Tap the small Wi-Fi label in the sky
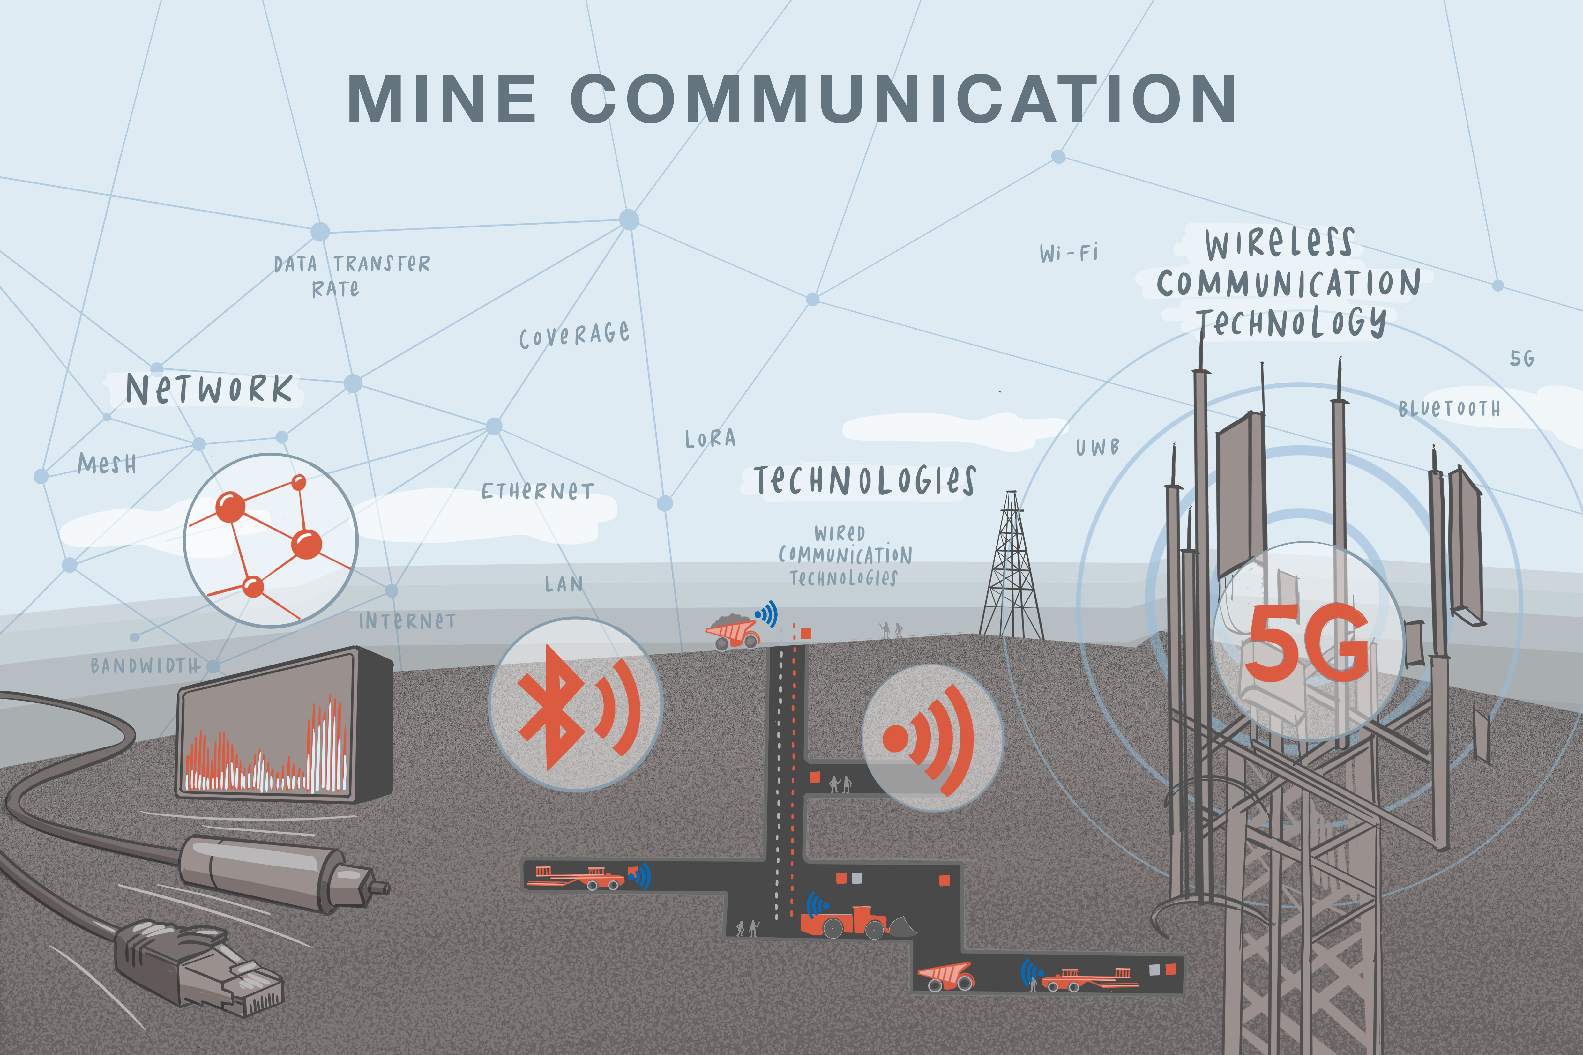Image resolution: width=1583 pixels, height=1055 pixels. coord(1069,253)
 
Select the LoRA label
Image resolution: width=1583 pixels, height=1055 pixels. coord(710,439)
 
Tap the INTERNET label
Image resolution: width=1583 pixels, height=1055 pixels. coord(407,621)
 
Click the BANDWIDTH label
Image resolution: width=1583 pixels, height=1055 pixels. coord(146,665)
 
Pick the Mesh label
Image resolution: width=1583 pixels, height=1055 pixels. coord(107,464)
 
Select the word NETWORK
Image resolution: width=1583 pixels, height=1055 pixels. coord(209,390)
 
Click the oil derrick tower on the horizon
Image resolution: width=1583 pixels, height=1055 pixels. coord(1011,565)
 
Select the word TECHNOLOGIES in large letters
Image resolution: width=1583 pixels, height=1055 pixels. coord(864,480)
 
